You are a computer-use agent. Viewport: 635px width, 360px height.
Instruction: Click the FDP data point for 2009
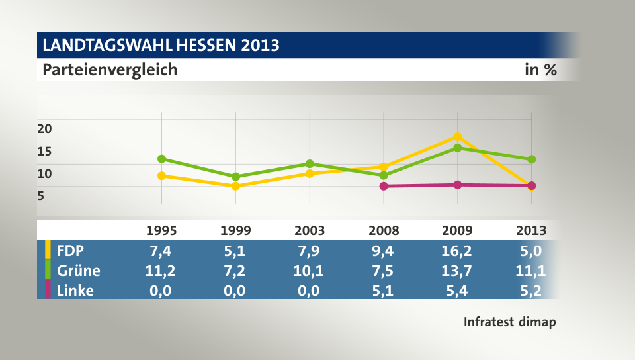[457, 136]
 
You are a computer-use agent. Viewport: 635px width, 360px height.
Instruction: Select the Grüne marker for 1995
[161, 159]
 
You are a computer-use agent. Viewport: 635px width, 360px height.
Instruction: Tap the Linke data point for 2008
[383, 186]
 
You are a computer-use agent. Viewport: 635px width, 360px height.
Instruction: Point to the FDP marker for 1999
[235, 186]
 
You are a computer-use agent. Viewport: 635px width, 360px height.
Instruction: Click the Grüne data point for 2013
[531, 159]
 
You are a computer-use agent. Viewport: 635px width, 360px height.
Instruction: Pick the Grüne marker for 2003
[310, 163]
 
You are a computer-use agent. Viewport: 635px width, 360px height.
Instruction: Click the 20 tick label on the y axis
[44, 128]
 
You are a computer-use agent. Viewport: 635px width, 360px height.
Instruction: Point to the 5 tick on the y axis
[41, 195]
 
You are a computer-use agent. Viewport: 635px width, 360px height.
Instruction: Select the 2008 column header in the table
[384, 231]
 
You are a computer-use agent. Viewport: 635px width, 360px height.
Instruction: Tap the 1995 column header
[161, 231]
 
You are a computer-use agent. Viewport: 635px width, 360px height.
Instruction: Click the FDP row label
[71, 251]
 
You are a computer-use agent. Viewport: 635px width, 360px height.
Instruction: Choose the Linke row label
[75, 291]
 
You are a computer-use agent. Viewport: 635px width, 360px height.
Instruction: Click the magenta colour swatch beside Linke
[48, 291]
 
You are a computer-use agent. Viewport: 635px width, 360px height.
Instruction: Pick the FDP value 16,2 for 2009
[457, 251]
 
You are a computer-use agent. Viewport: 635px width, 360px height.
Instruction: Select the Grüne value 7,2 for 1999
[235, 271]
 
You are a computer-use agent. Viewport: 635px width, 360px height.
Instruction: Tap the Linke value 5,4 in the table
[457, 291]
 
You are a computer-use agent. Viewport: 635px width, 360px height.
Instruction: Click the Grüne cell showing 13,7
[457, 271]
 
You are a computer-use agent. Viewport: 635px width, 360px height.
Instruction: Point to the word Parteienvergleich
[110, 69]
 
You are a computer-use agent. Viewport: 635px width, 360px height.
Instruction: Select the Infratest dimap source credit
[509, 322]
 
